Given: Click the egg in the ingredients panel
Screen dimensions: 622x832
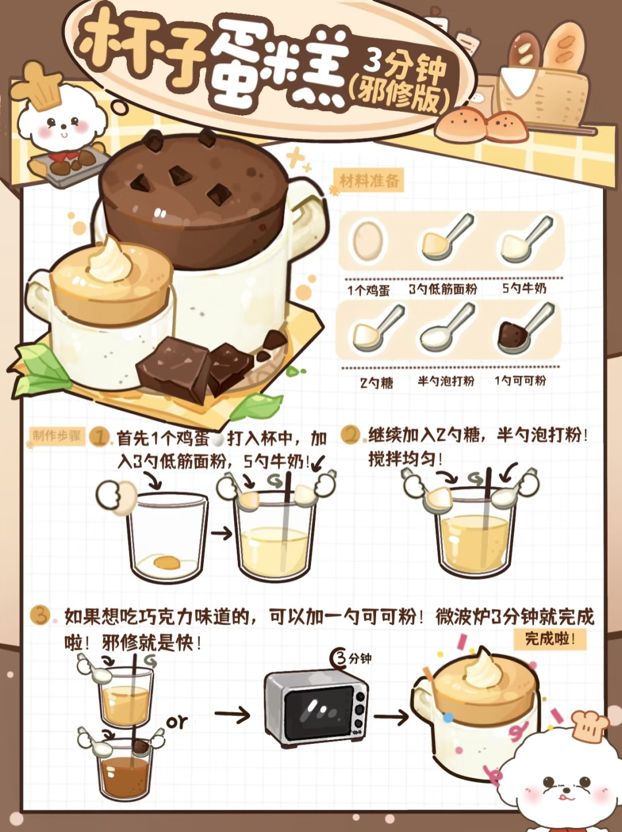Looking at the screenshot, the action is click(x=367, y=241).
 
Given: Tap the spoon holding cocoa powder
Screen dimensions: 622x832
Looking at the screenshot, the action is click(x=525, y=327).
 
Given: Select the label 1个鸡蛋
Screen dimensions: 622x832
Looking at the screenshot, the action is click(x=369, y=290).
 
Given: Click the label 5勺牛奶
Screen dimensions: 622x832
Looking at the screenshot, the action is click(x=524, y=289).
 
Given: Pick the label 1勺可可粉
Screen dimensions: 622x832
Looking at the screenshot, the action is click(x=520, y=380).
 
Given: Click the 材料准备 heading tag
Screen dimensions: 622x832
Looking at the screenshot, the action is click(x=369, y=181).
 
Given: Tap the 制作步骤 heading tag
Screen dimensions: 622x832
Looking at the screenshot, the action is click(x=57, y=436).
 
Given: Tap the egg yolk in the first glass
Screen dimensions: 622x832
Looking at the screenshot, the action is click(x=166, y=562).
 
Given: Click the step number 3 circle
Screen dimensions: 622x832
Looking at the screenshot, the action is click(x=40, y=615).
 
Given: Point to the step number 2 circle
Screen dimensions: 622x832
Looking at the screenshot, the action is click(x=350, y=434).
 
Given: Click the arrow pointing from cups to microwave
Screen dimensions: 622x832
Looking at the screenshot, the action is click(x=232, y=714).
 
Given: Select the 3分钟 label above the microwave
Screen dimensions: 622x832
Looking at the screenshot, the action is click(x=351, y=659).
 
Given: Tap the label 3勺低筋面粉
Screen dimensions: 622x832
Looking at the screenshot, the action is click(x=442, y=289).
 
